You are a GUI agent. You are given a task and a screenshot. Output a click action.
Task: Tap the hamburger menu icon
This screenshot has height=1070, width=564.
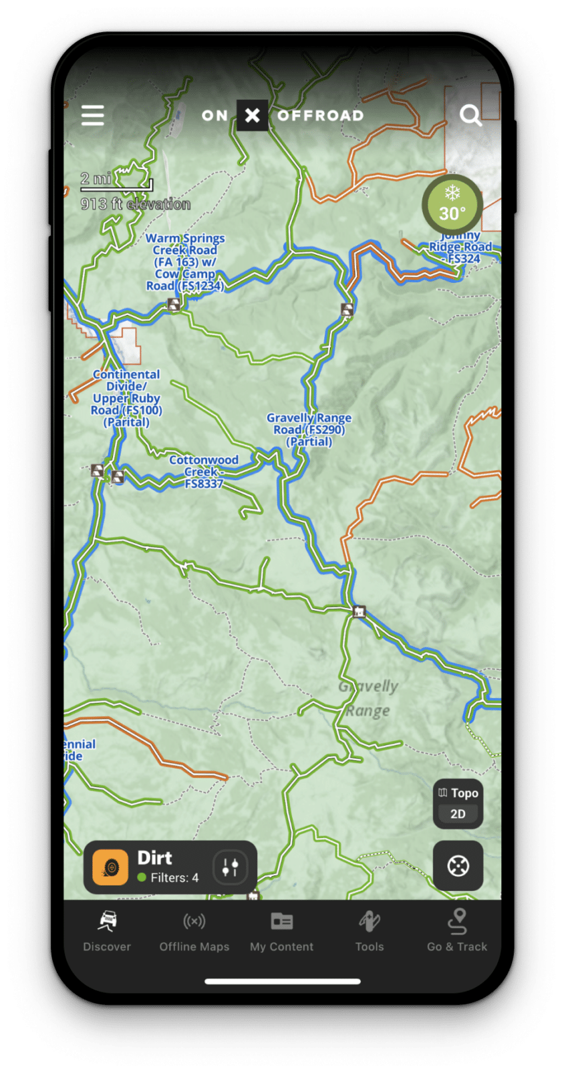tap(93, 115)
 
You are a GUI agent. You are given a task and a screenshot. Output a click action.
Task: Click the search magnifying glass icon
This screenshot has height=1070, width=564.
tap(470, 116)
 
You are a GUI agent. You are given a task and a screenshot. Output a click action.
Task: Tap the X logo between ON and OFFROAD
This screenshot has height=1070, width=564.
tap(253, 116)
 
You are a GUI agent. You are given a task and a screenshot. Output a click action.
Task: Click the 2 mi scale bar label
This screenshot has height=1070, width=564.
tap(96, 179)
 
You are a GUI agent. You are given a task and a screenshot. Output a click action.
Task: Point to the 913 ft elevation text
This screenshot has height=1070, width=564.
tap(136, 204)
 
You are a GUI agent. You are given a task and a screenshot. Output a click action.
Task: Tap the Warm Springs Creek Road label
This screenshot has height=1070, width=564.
tap(185, 261)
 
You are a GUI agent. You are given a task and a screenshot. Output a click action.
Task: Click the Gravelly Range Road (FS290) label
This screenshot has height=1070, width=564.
tap(309, 429)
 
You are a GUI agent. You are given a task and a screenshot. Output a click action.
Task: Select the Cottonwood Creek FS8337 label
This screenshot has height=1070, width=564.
tap(204, 471)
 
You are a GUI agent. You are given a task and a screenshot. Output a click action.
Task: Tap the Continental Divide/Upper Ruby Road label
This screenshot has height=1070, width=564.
tap(126, 398)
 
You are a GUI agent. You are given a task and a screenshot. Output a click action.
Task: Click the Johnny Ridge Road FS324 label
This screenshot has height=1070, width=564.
tap(461, 247)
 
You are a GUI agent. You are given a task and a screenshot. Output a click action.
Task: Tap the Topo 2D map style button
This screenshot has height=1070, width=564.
tap(458, 803)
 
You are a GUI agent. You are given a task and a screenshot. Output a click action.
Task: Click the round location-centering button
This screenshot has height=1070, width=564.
tap(458, 866)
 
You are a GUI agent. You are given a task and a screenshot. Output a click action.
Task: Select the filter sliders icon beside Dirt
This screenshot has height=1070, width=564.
tap(230, 867)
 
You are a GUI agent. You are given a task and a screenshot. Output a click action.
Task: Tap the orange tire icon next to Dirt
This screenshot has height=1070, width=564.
tap(110, 867)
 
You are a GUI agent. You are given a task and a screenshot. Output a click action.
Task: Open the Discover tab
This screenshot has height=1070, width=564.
tap(107, 930)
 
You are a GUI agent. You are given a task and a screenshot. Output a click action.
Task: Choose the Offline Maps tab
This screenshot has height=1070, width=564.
tap(194, 930)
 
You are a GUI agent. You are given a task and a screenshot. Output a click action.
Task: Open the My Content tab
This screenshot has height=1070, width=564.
tap(281, 930)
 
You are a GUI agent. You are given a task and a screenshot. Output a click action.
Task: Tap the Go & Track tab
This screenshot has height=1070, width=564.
tap(457, 930)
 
